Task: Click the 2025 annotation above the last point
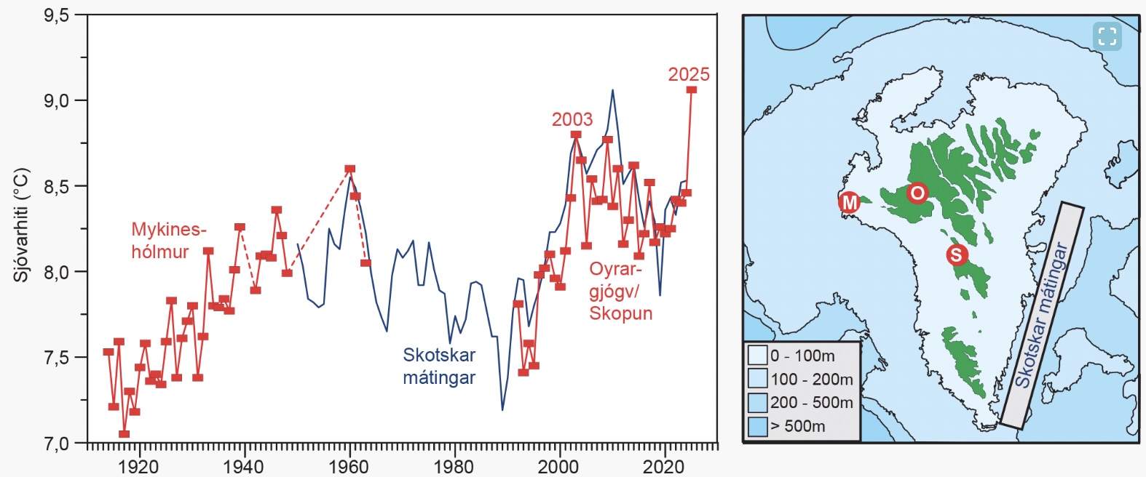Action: (688, 74)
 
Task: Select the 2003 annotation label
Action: (572, 119)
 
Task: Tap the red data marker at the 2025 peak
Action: (692, 89)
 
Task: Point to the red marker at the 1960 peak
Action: (349, 169)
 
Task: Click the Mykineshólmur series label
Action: (168, 241)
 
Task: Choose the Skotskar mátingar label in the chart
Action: (439, 366)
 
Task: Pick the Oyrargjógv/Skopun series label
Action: (620, 291)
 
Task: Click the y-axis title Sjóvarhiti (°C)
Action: (21, 225)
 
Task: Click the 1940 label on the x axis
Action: (243, 466)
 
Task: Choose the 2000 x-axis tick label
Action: (559, 466)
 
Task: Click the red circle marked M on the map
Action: (850, 202)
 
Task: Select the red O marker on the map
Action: (917, 193)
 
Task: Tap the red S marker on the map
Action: (956, 255)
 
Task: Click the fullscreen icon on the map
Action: (1107, 36)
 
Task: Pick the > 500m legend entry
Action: (797, 426)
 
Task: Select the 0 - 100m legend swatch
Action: (758, 356)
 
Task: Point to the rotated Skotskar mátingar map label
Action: (1042, 315)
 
